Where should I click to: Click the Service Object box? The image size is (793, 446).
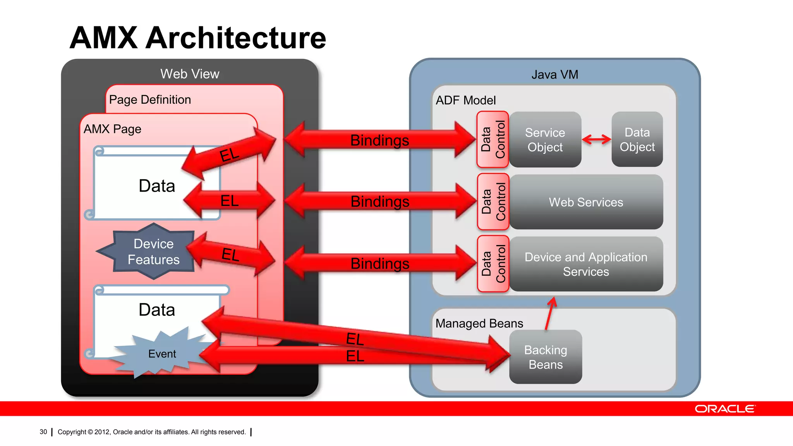click(x=545, y=140)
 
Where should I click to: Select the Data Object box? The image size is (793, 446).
click(x=637, y=139)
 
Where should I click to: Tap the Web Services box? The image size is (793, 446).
click(x=586, y=202)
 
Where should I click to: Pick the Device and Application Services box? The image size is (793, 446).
click(x=586, y=264)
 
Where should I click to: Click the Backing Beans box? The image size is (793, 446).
click(x=545, y=357)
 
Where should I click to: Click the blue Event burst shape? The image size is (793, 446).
click(x=162, y=354)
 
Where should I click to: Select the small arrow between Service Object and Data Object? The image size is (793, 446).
click(x=596, y=139)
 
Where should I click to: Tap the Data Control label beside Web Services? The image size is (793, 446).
click(x=493, y=202)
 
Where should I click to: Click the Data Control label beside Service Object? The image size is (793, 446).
click(x=493, y=139)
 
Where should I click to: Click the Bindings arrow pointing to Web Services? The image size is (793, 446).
click(x=380, y=202)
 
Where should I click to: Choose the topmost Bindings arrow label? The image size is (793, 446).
click(x=379, y=140)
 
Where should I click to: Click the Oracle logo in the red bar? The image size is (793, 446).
click(x=724, y=409)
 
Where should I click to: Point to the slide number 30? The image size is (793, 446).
click(x=43, y=432)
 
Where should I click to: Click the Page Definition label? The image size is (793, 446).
click(x=150, y=100)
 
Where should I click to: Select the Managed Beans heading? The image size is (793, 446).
click(x=479, y=323)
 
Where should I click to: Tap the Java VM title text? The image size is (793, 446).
click(x=554, y=74)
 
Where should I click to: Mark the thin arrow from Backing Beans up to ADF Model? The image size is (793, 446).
click(x=550, y=314)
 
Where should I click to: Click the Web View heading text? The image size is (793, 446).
click(x=190, y=74)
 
